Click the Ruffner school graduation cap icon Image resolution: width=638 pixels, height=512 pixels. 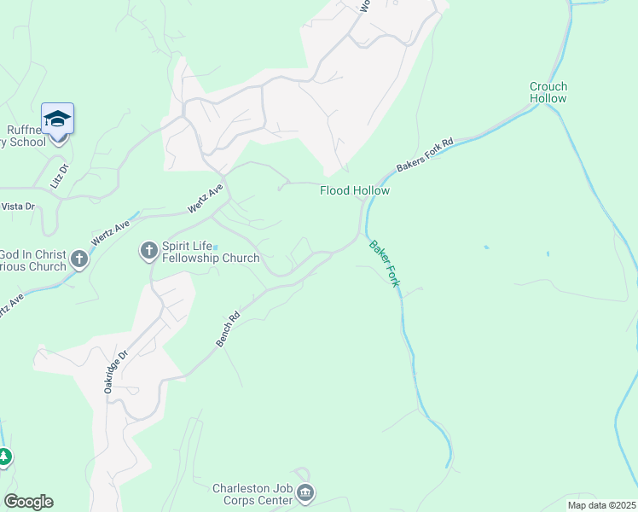pos(57,119)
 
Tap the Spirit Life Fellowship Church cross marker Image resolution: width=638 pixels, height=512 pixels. pos(148,251)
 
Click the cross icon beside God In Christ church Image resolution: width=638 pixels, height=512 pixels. pos(79,259)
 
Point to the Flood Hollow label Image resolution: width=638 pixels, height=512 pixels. pos(355,190)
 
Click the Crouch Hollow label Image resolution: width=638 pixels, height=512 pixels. pos(548,92)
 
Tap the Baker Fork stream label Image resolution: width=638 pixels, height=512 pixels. pos(384,263)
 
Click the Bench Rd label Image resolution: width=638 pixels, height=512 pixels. pos(228,328)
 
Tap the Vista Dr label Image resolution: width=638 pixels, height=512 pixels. pos(17,207)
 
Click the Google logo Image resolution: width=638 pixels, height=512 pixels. pos(28,502)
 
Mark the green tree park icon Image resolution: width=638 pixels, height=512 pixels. pos(5,457)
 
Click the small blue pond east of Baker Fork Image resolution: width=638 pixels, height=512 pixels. pos(485,247)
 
